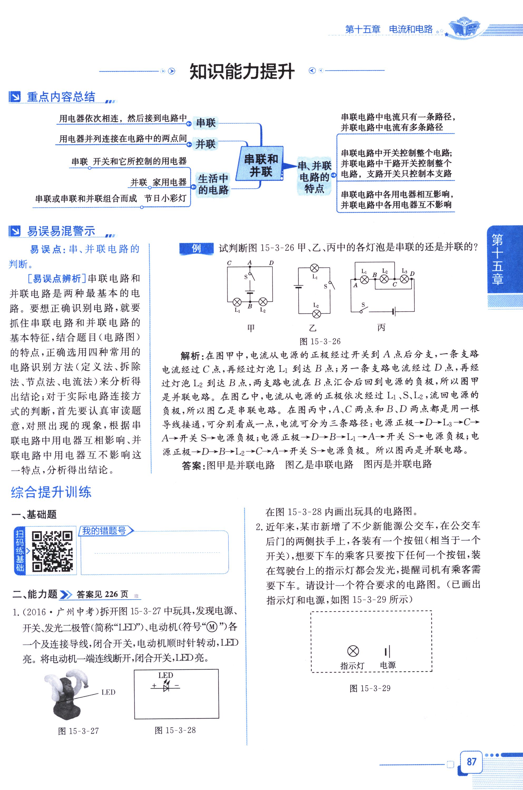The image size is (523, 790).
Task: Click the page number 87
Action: click(x=471, y=761)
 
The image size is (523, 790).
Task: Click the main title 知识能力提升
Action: click(x=242, y=71)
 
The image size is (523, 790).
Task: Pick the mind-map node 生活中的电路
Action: click(x=213, y=184)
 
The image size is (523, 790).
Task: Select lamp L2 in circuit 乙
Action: click(x=316, y=313)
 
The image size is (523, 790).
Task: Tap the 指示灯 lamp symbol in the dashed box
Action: click(x=353, y=651)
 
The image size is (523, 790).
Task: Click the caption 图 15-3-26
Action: click(x=320, y=341)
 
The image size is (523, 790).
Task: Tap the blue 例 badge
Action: click(x=196, y=248)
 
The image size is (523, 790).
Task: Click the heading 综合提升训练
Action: click(x=51, y=492)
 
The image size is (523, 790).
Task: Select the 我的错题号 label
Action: click(x=104, y=531)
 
